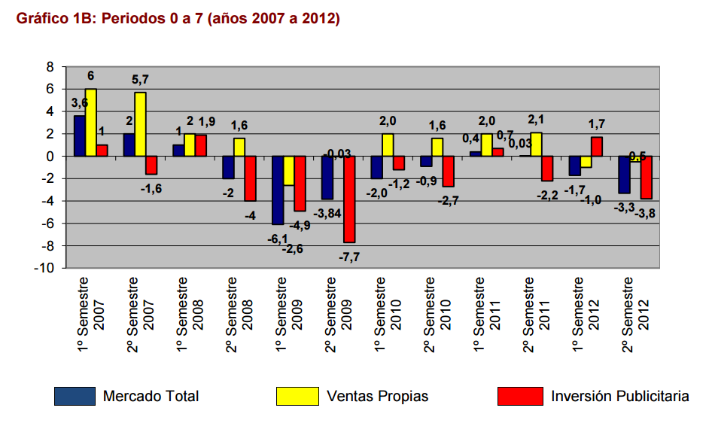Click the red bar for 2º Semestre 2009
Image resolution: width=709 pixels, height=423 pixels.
coord(349,199)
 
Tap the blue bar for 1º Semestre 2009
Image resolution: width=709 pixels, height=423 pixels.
coord(278,190)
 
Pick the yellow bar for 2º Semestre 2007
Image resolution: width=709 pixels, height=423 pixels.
coord(140,124)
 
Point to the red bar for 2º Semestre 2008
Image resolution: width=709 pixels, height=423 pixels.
coord(250,178)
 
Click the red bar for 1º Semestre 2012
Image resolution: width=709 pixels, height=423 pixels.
coord(597,147)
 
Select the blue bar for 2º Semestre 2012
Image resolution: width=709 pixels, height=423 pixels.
coord(624,175)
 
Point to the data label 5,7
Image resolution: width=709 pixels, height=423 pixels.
coord(141,79)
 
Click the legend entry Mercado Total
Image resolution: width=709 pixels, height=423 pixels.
coord(151,396)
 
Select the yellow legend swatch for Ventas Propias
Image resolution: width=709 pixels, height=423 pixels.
coord(297,396)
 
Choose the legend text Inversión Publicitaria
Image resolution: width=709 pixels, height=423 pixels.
coord(619,396)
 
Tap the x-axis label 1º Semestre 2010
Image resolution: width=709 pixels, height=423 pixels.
coord(386,313)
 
